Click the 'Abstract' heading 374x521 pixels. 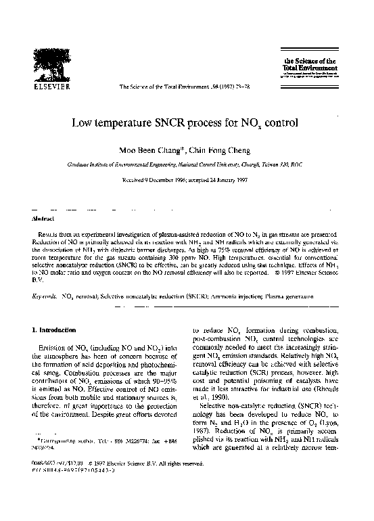pyautogui.click(x=44, y=219)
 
